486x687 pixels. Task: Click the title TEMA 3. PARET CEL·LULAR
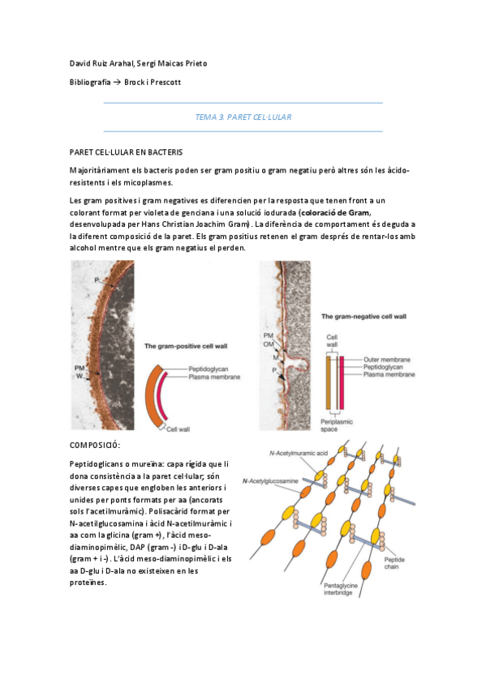pos(243,117)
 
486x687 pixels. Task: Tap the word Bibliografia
pos(90,83)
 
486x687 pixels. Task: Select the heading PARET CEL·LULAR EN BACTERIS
pos(126,151)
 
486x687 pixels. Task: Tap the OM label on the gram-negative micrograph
pos(268,343)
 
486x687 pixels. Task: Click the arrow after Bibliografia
pos(118,83)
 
